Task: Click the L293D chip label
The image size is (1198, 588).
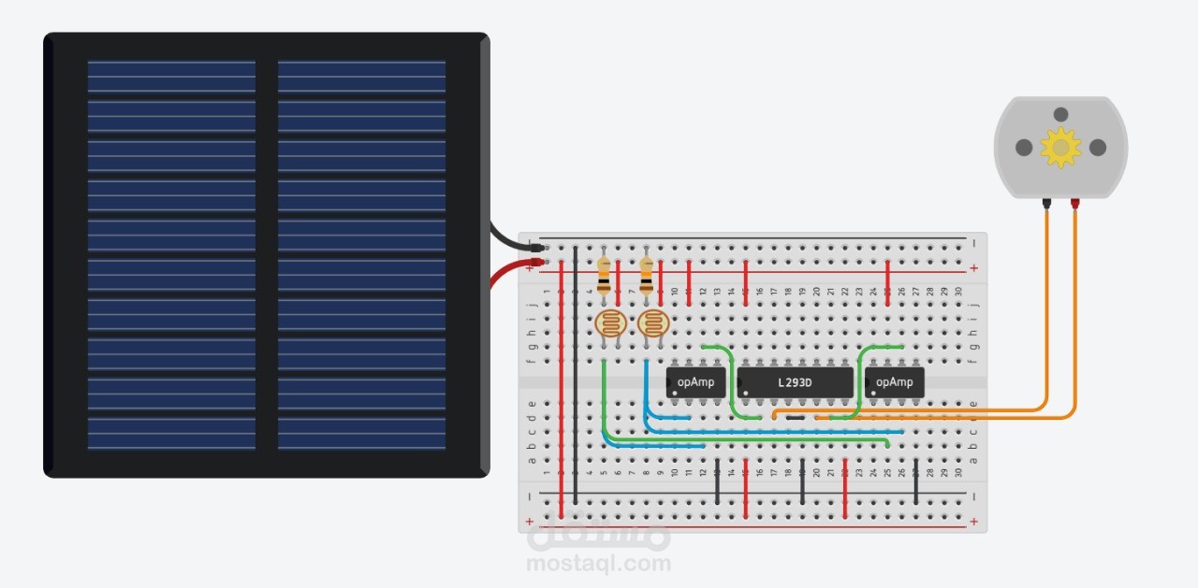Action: (x=796, y=382)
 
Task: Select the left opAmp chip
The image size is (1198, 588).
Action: (x=695, y=382)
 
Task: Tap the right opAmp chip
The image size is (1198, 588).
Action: (x=895, y=382)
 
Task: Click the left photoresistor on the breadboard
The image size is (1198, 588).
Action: (x=610, y=324)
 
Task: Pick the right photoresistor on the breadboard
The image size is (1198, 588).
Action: (x=653, y=324)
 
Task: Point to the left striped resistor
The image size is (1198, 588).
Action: (x=604, y=274)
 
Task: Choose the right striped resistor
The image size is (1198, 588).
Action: (x=647, y=274)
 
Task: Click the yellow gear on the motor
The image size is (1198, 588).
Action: (x=1060, y=147)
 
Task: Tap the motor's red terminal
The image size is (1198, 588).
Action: (x=1075, y=202)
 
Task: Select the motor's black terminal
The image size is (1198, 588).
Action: (x=1046, y=202)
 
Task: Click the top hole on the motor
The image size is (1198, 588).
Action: (x=1060, y=114)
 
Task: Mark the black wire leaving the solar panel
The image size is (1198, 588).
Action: (x=510, y=241)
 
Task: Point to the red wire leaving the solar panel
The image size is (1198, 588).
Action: (x=505, y=272)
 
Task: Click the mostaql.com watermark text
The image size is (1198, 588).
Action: (x=599, y=564)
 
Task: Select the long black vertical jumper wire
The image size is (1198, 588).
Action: (x=575, y=374)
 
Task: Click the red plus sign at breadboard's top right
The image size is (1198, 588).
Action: (x=974, y=268)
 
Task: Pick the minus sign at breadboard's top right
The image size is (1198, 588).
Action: (x=974, y=244)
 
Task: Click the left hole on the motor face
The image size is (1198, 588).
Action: (x=1025, y=148)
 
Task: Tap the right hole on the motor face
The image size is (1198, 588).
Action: (x=1098, y=148)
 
